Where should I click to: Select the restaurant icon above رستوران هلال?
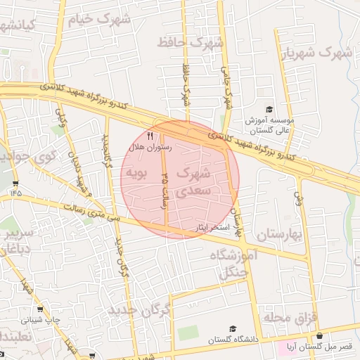pos(149,136)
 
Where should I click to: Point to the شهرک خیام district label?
pos(98,20)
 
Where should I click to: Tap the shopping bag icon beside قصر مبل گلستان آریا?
pos(321,336)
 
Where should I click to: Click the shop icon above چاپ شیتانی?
pos(39,309)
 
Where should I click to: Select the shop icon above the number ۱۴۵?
pos(15,183)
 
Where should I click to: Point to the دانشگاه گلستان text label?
pos(233,340)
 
